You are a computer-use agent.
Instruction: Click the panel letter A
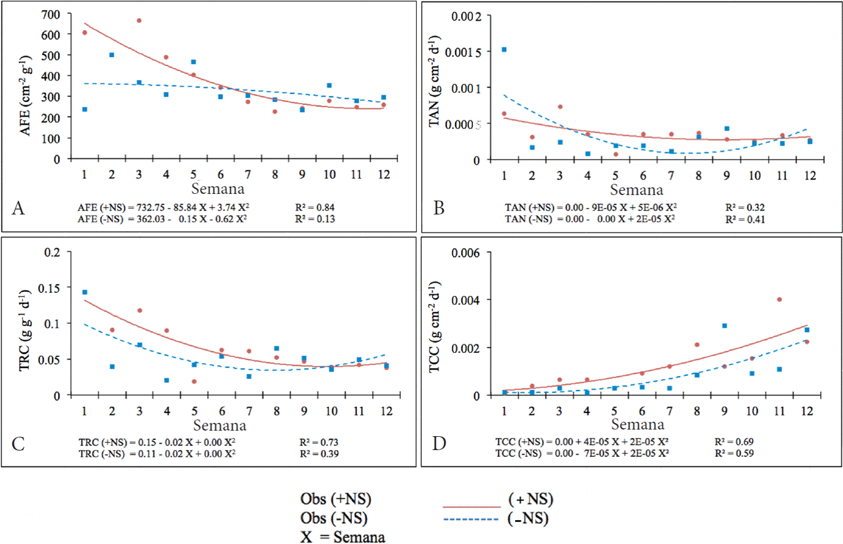point(18,208)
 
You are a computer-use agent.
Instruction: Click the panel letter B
point(439,208)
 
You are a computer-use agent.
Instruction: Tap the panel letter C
point(18,443)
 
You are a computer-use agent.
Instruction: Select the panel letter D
point(439,443)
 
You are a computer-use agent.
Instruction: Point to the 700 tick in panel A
point(51,14)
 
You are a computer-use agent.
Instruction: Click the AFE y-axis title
point(26,95)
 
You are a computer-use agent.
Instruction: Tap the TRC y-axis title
point(24,330)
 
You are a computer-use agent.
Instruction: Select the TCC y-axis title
point(434,327)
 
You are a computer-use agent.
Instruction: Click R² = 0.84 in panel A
point(315,207)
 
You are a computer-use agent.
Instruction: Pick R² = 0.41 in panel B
point(745,219)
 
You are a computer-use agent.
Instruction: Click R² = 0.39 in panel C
point(319,454)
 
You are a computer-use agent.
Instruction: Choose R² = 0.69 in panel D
point(734,442)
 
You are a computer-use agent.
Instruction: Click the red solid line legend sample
point(471,507)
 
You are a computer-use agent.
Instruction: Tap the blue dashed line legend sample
point(471,520)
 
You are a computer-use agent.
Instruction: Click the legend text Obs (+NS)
point(336,499)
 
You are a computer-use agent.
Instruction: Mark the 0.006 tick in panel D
point(465,253)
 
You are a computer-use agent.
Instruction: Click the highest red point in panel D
point(779,300)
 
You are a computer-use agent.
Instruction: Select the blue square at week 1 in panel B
point(504,49)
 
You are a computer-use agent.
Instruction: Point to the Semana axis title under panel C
point(219,426)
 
